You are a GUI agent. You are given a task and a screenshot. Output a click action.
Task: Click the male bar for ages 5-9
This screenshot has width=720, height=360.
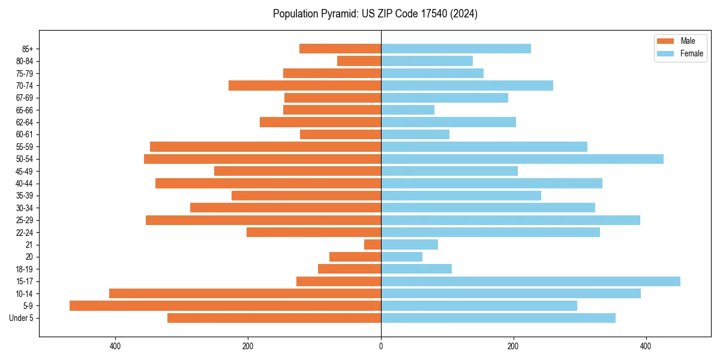(225, 306)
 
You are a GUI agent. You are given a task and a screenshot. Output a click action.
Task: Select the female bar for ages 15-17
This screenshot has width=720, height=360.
(530, 281)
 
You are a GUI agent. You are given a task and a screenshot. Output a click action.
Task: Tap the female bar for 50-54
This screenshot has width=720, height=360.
(522, 159)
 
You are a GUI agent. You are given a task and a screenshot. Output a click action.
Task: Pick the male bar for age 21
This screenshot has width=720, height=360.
(373, 245)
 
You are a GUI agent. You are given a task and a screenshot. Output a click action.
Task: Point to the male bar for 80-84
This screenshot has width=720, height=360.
(359, 61)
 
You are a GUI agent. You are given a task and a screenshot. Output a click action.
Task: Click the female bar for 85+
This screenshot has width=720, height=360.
(456, 49)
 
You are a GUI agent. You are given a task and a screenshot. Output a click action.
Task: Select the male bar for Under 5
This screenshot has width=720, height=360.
(274, 318)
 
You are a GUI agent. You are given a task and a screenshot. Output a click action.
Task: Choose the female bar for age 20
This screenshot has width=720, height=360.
(401, 257)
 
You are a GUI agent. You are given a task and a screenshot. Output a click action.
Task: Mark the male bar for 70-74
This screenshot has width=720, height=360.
(305, 86)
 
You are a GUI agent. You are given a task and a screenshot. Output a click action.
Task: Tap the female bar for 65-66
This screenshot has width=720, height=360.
(407, 110)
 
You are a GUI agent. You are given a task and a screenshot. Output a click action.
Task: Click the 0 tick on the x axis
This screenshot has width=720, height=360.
(381, 346)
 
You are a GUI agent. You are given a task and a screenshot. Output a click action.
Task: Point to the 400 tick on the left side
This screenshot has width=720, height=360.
(115, 346)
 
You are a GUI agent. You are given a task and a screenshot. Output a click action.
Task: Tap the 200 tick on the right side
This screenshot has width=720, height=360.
(513, 346)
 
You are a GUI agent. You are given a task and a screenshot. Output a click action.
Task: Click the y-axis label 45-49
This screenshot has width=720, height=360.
(25, 172)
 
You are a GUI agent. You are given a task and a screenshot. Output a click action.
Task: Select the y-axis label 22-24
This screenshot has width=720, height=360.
(25, 233)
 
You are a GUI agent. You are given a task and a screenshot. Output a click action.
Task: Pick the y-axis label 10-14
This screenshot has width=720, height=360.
(25, 294)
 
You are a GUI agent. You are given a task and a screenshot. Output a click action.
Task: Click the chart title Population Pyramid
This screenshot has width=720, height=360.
(375, 14)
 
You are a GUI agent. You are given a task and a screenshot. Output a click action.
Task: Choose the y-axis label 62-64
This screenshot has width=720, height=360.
(25, 122)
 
